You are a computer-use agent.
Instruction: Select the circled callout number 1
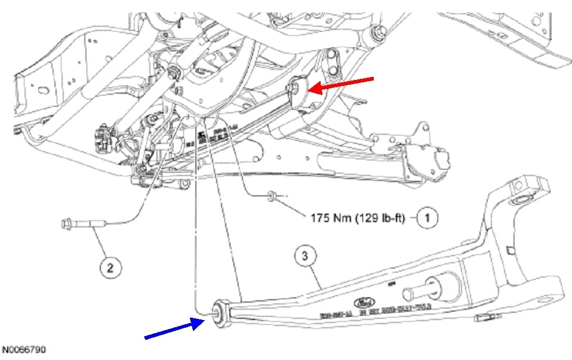click(427, 219)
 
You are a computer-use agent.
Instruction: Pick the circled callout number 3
click(305, 257)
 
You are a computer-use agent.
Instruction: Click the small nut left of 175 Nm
click(272, 195)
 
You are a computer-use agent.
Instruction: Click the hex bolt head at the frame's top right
click(377, 33)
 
